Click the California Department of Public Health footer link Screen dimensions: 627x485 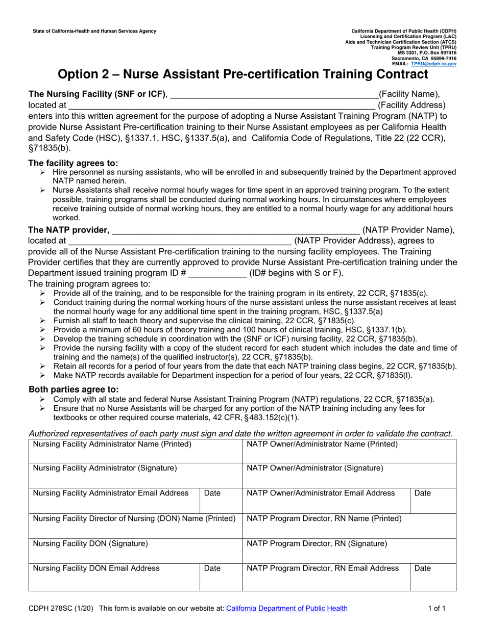tap(286, 608)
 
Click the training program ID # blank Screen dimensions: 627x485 tap(217, 274)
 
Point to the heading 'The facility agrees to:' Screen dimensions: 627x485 tap(73, 163)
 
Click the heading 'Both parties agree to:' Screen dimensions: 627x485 tap(74, 389)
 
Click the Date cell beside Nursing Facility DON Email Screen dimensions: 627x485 tap(221, 576)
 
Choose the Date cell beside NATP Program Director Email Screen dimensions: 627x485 tap(433, 576)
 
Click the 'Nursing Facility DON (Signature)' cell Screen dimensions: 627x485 tap(135, 551)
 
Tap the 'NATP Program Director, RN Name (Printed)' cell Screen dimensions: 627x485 tap(349, 526)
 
